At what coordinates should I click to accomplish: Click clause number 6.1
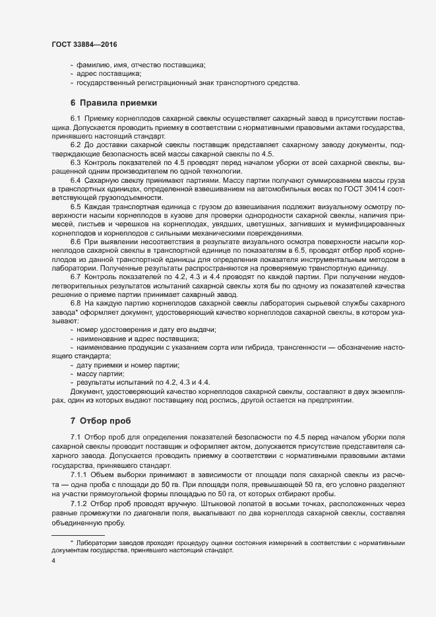click(x=75, y=117)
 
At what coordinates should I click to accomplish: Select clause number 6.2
click(x=75, y=145)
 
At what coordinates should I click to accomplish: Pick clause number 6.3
click(x=75, y=162)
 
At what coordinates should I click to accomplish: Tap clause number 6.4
click(x=75, y=181)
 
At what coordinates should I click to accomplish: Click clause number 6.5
click(x=75, y=208)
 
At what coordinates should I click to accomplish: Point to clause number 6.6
click(x=75, y=244)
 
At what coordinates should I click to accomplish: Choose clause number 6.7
click(x=75, y=276)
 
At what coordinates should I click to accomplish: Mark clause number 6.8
click(x=75, y=303)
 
